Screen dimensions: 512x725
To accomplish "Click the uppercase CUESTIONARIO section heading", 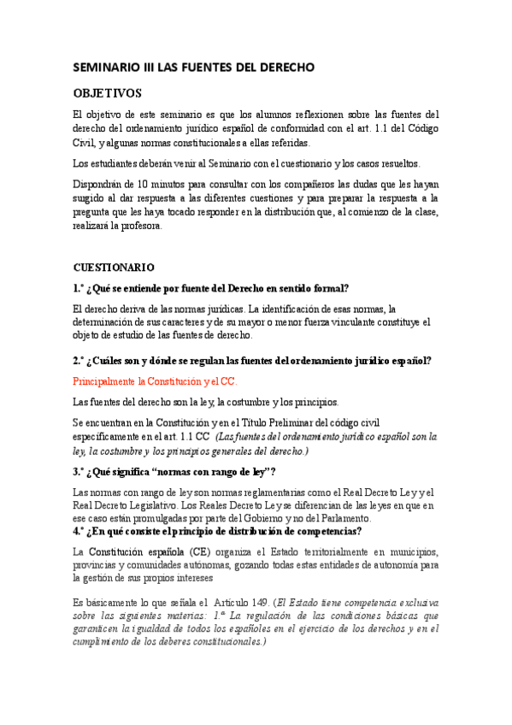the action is click(114, 268).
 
